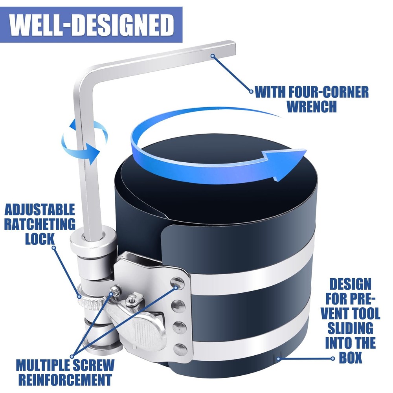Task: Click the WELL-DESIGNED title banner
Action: [x=91, y=24]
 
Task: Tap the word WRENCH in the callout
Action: [x=312, y=107]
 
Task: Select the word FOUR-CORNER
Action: [x=329, y=92]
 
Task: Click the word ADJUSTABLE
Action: [x=40, y=209]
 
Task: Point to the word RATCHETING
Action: [x=40, y=224]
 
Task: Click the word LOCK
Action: [x=40, y=239]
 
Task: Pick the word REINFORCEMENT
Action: [x=65, y=380]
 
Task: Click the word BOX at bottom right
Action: [x=351, y=357]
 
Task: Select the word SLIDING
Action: [x=351, y=328]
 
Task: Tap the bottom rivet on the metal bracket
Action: [x=180, y=349]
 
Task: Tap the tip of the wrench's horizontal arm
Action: [x=235, y=50]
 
